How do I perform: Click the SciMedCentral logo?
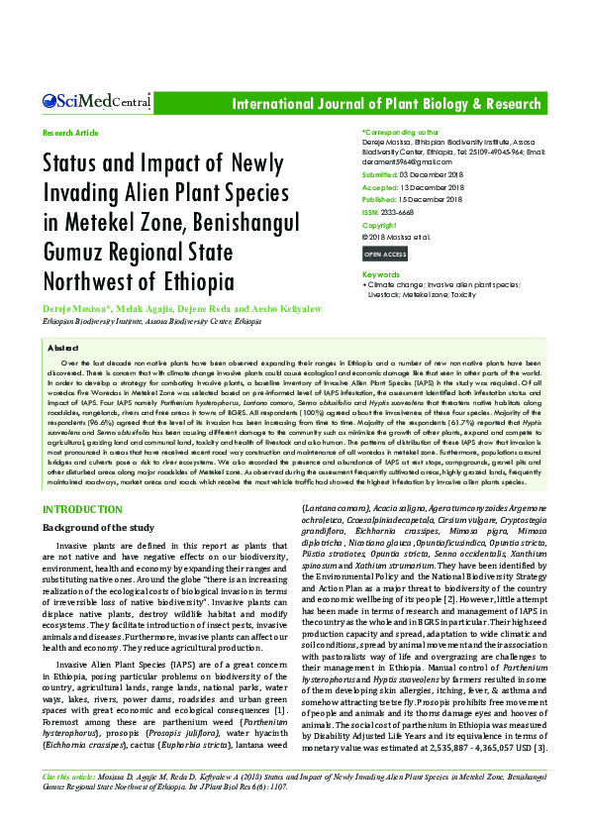pos(96,100)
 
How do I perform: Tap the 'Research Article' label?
pos(70,132)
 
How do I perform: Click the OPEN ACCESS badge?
pos(385,255)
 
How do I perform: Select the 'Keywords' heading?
pos(381,274)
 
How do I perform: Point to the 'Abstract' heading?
pos(63,349)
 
